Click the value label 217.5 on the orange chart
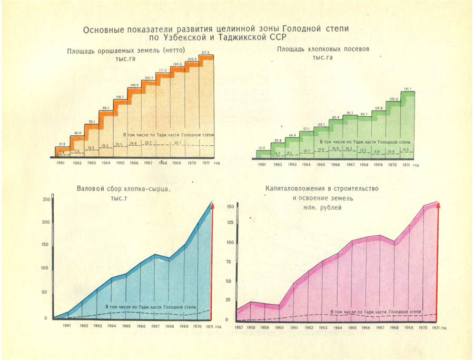pos(206,53)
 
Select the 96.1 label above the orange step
pos(105,108)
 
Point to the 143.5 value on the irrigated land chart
pos(134,85)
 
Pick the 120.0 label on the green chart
pos(392,99)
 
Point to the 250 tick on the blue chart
pos(46,199)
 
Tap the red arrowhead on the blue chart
pos(213,204)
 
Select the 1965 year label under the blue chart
pos(126,326)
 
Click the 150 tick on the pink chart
pos(230,207)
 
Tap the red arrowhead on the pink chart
pos(438,204)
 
